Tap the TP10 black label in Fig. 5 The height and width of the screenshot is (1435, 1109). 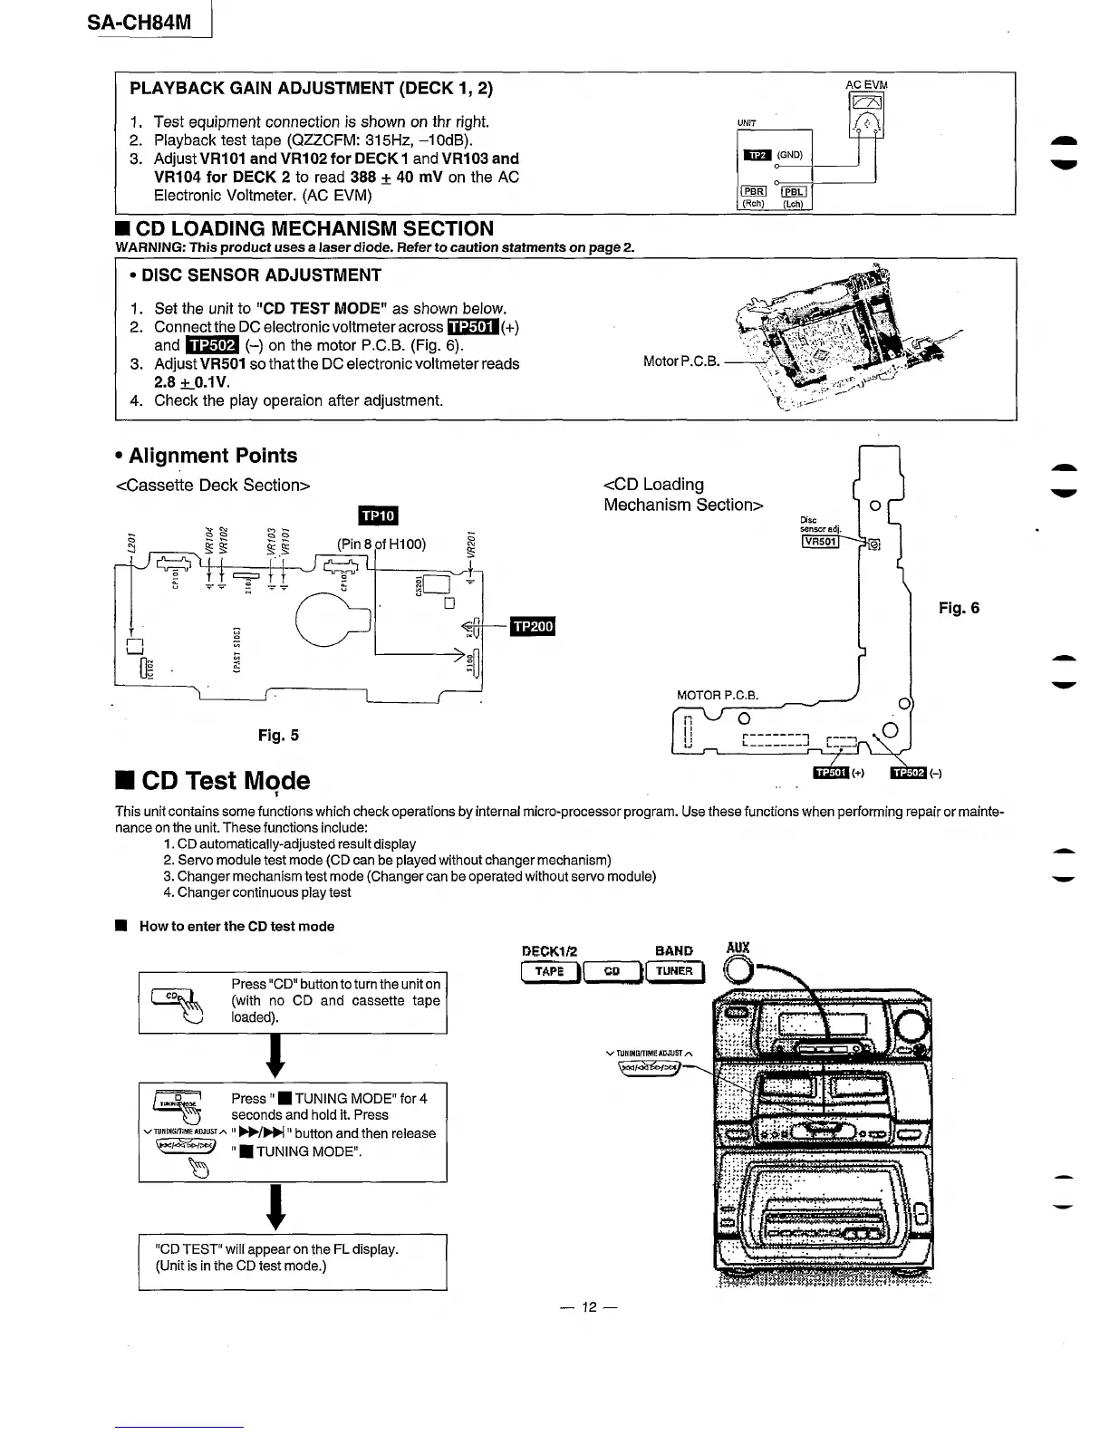(x=379, y=515)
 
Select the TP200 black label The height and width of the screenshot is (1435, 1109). (x=533, y=627)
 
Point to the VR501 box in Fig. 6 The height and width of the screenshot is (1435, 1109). (x=820, y=542)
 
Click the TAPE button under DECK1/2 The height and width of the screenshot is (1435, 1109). (x=549, y=971)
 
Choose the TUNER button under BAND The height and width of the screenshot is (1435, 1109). (x=674, y=971)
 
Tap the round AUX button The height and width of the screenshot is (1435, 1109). (x=739, y=970)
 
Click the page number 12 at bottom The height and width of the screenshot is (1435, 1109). (x=590, y=1307)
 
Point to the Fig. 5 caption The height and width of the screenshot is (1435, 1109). (x=278, y=736)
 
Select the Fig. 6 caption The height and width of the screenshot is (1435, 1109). (x=959, y=608)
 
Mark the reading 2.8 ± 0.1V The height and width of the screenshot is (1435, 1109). (x=192, y=381)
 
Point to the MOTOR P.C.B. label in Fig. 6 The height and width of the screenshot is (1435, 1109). (x=717, y=696)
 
